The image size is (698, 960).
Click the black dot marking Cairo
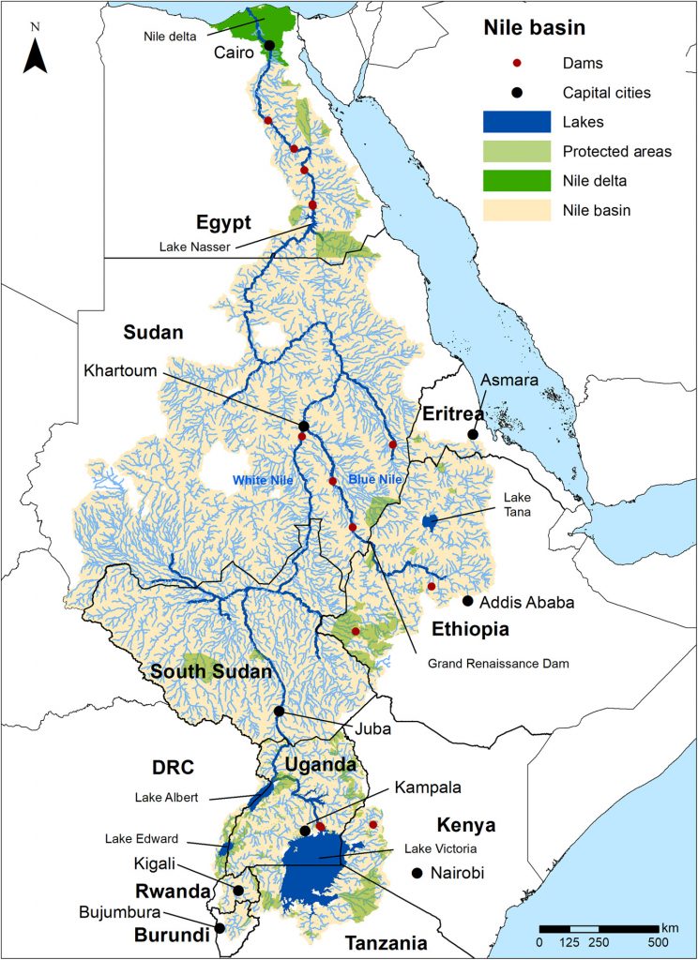tap(269, 45)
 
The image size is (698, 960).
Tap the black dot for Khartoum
tap(303, 427)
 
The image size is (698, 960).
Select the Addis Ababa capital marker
tap(468, 600)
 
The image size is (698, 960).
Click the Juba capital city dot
tap(279, 712)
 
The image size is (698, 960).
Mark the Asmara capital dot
tap(474, 434)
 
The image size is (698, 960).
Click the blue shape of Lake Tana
tap(430, 520)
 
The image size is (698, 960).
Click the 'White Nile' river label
tap(258, 480)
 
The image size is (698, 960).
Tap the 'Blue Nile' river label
tap(375, 480)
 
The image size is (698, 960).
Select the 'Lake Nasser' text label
tap(197, 247)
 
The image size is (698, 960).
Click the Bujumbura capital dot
tap(220, 928)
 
